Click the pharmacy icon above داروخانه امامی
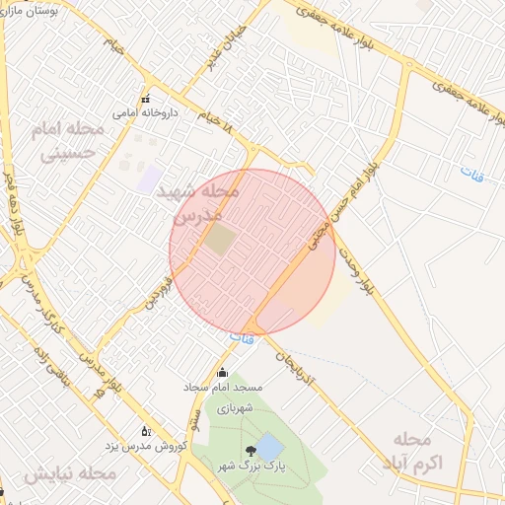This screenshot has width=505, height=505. point(146,99)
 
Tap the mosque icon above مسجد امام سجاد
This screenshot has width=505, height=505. point(221,373)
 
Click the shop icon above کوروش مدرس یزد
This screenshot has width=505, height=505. point(146,431)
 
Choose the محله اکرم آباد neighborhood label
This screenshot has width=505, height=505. point(410,450)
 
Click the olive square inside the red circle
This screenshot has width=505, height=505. point(221,239)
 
